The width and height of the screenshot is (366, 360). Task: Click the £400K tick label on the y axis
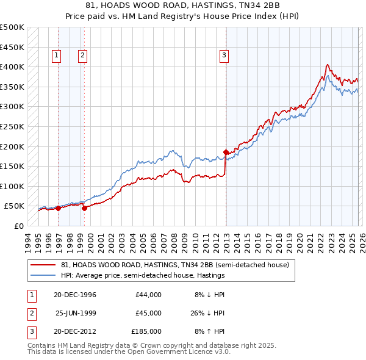pyautogui.click(x=12, y=67)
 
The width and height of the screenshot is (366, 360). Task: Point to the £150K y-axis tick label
pyautogui.click(x=12, y=166)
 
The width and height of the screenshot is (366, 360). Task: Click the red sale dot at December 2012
pyautogui.click(x=226, y=152)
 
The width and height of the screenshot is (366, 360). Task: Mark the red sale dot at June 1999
pyautogui.click(x=85, y=207)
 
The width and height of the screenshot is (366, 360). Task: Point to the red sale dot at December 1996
pyautogui.click(x=59, y=208)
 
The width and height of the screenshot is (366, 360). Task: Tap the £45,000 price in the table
pyautogui.click(x=148, y=313)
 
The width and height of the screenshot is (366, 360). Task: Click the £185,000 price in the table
pyautogui.click(x=146, y=331)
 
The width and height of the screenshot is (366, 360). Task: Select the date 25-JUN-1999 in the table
pyautogui.click(x=76, y=313)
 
